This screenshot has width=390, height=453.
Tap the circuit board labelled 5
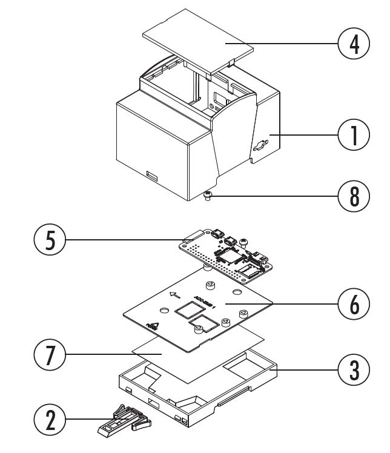224,251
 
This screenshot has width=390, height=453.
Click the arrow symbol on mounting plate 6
175,296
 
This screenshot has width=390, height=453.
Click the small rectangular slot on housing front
151,176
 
